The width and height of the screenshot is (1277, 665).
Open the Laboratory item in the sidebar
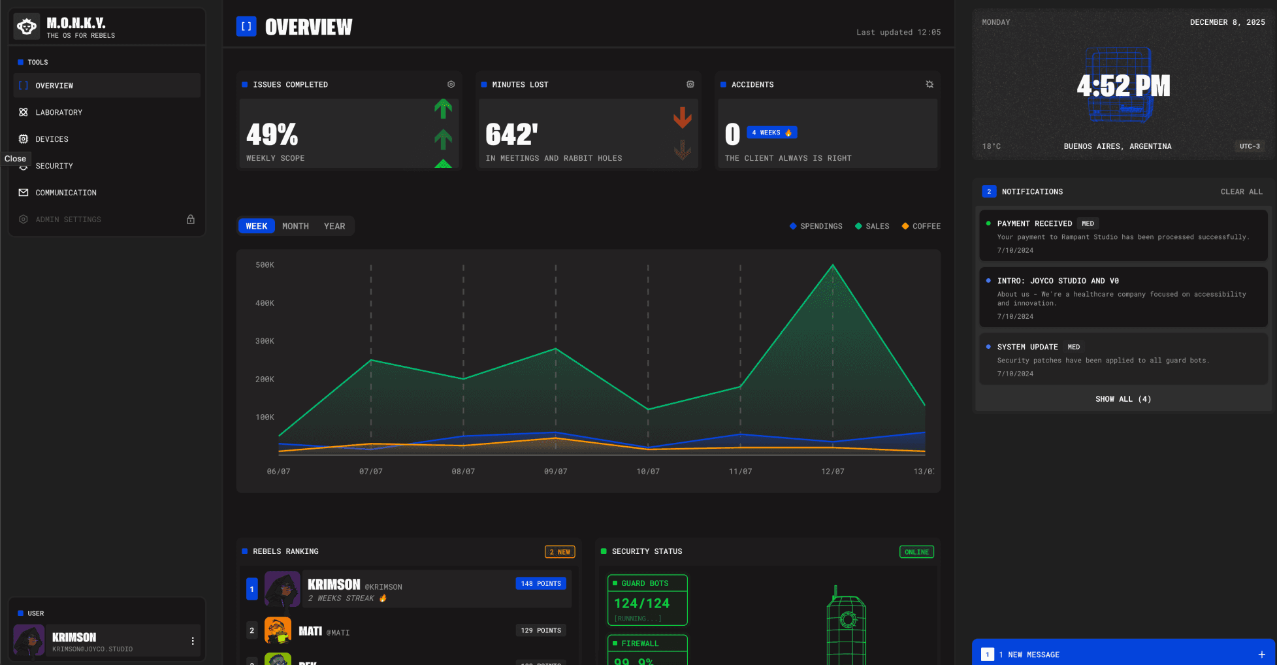pyautogui.click(x=59, y=112)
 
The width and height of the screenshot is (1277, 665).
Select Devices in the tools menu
pyautogui.click(x=52, y=139)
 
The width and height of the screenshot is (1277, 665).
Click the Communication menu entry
pyautogui.click(x=65, y=193)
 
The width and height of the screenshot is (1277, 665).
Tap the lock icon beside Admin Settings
pyautogui.click(x=191, y=219)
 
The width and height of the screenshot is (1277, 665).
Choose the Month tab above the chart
pyautogui.click(x=295, y=226)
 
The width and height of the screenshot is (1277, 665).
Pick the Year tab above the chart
pyautogui.click(x=334, y=226)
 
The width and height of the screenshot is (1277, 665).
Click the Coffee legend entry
pyautogui.click(x=921, y=226)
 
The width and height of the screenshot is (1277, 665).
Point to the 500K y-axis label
pyautogui.click(x=265, y=265)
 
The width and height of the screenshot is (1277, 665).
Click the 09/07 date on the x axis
pyautogui.click(x=555, y=472)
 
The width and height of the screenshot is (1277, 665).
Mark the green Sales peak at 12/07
pyautogui.click(x=833, y=265)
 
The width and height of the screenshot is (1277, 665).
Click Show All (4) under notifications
pyautogui.click(x=1123, y=399)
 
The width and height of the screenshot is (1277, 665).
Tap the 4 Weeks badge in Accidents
pyautogui.click(x=771, y=133)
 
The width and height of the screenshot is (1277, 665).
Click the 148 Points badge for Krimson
pyautogui.click(x=541, y=583)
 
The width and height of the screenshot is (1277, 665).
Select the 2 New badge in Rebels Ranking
pyautogui.click(x=560, y=552)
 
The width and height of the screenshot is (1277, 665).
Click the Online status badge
pyautogui.click(x=916, y=552)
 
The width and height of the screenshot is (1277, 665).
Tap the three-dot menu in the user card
pyautogui.click(x=193, y=641)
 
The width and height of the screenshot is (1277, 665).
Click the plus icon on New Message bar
pyautogui.click(x=1261, y=655)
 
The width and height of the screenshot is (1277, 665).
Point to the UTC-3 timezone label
pyautogui.click(x=1250, y=146)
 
